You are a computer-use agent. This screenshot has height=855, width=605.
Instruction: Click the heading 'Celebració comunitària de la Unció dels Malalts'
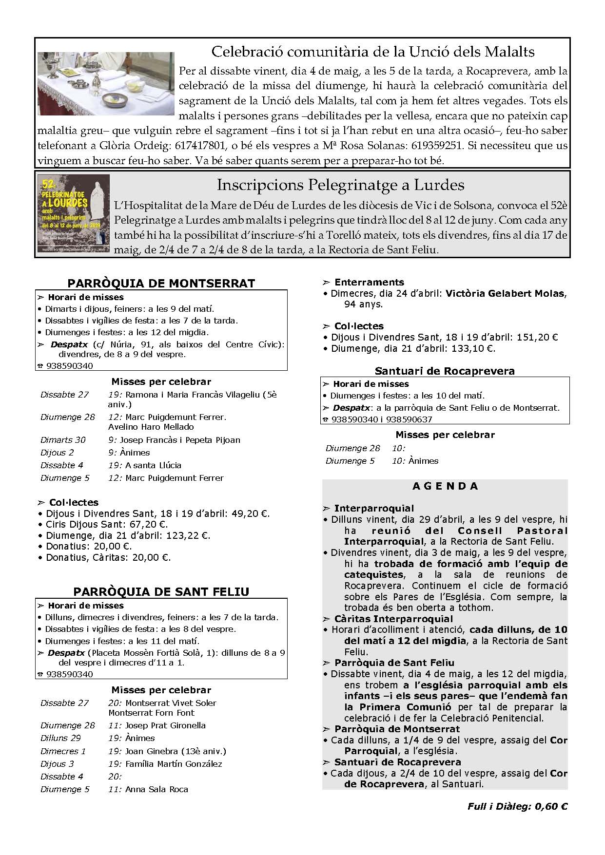[373, 52]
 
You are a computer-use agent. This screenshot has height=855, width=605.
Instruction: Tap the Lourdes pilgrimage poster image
[74, 213]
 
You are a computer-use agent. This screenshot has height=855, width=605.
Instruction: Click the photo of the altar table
[105, 83]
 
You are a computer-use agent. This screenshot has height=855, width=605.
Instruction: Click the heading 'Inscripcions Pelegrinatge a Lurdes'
[340, 185]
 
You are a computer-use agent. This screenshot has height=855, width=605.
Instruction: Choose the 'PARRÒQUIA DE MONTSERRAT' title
[161, 283]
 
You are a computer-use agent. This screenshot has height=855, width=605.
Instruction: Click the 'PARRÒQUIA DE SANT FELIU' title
[161, 591]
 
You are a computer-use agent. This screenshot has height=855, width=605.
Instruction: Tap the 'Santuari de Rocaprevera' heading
[445, 371]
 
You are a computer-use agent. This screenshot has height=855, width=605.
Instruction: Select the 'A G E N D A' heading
[445, 486]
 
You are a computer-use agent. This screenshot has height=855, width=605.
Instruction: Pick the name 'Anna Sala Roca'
[156, 789]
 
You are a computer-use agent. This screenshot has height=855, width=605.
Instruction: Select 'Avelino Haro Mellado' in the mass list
[151, 427]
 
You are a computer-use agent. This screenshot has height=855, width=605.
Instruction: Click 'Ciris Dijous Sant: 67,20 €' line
[107, 524]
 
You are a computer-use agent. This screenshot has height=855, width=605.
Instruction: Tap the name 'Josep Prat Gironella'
[165, 725]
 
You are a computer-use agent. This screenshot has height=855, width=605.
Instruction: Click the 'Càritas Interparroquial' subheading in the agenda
[393, 619]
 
